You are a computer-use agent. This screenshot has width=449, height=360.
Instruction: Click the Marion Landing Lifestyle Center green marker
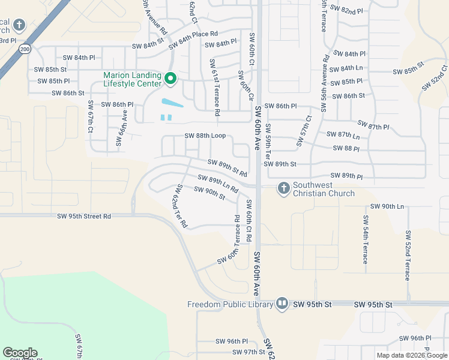pos(170,79)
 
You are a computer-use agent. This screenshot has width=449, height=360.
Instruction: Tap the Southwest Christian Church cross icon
pos(283,188)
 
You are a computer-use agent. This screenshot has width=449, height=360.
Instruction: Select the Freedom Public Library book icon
pos(282,304)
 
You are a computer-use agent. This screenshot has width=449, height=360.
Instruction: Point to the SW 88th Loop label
pos(205,136)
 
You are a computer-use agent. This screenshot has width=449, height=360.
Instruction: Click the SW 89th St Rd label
pos(228,167)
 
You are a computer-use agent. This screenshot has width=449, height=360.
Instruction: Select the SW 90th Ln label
pos(387,206)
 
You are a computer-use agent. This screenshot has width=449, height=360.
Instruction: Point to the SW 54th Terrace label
pos(365,239)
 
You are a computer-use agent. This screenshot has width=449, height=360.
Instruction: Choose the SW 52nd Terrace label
pos(407,255)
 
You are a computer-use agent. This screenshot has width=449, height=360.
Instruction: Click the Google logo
pos(20,353)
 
